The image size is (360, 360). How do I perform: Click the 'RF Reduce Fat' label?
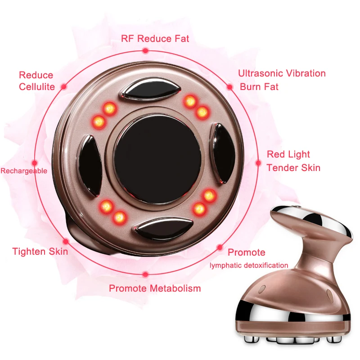point(155,38)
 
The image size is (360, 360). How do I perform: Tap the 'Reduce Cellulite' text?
point(36,81)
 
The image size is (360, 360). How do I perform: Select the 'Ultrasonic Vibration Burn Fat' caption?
point(282,80)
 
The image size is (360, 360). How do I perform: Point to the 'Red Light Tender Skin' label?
point(293,161)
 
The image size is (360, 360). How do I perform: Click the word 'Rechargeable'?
point(24,171)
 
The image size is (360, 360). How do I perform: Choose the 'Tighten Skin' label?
point(40,251)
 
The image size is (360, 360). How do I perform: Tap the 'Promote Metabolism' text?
point(155,288)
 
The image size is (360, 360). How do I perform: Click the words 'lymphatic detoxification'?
point(249,265)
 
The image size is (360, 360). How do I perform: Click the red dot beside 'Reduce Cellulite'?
point(64,86)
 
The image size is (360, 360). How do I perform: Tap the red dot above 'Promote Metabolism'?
point(145,274)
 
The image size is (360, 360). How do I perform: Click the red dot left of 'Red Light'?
point(258,162)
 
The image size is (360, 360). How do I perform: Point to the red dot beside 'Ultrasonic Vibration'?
point(229,86)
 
